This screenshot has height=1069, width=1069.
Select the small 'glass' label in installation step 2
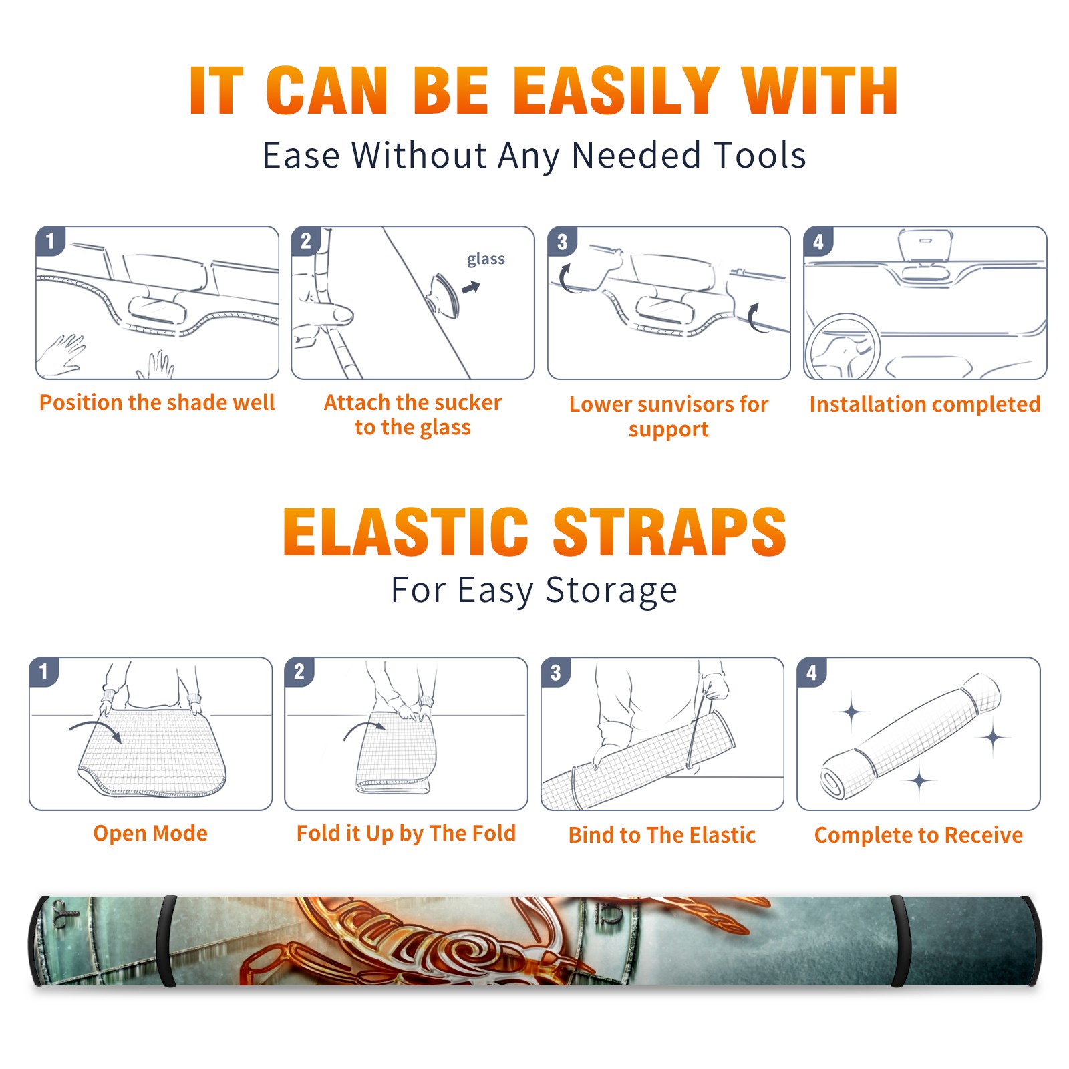tap(486, 259)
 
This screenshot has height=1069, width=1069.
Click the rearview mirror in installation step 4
tap(925, 245)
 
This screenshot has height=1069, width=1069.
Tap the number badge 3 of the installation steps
tap(563, 241)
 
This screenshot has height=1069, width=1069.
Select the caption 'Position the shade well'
tap(157, 402)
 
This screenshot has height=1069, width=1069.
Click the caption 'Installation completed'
tap(925, 404)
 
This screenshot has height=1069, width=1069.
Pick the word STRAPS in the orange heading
tap(669, 532)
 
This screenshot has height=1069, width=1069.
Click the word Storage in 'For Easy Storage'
tap(611, 591)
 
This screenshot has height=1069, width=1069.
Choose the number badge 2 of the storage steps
tap(299, 672)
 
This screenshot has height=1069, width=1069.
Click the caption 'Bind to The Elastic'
tap(662, 835)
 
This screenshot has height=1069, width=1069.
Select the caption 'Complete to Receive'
tap(919, 835)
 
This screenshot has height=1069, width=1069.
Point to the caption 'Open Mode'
tap(150, 833)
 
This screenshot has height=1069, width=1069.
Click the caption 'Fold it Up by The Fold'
tap(406, 834)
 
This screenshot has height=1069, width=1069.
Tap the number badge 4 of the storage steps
tap(812, 672)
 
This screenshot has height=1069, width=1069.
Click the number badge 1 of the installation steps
tap(50, 241)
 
